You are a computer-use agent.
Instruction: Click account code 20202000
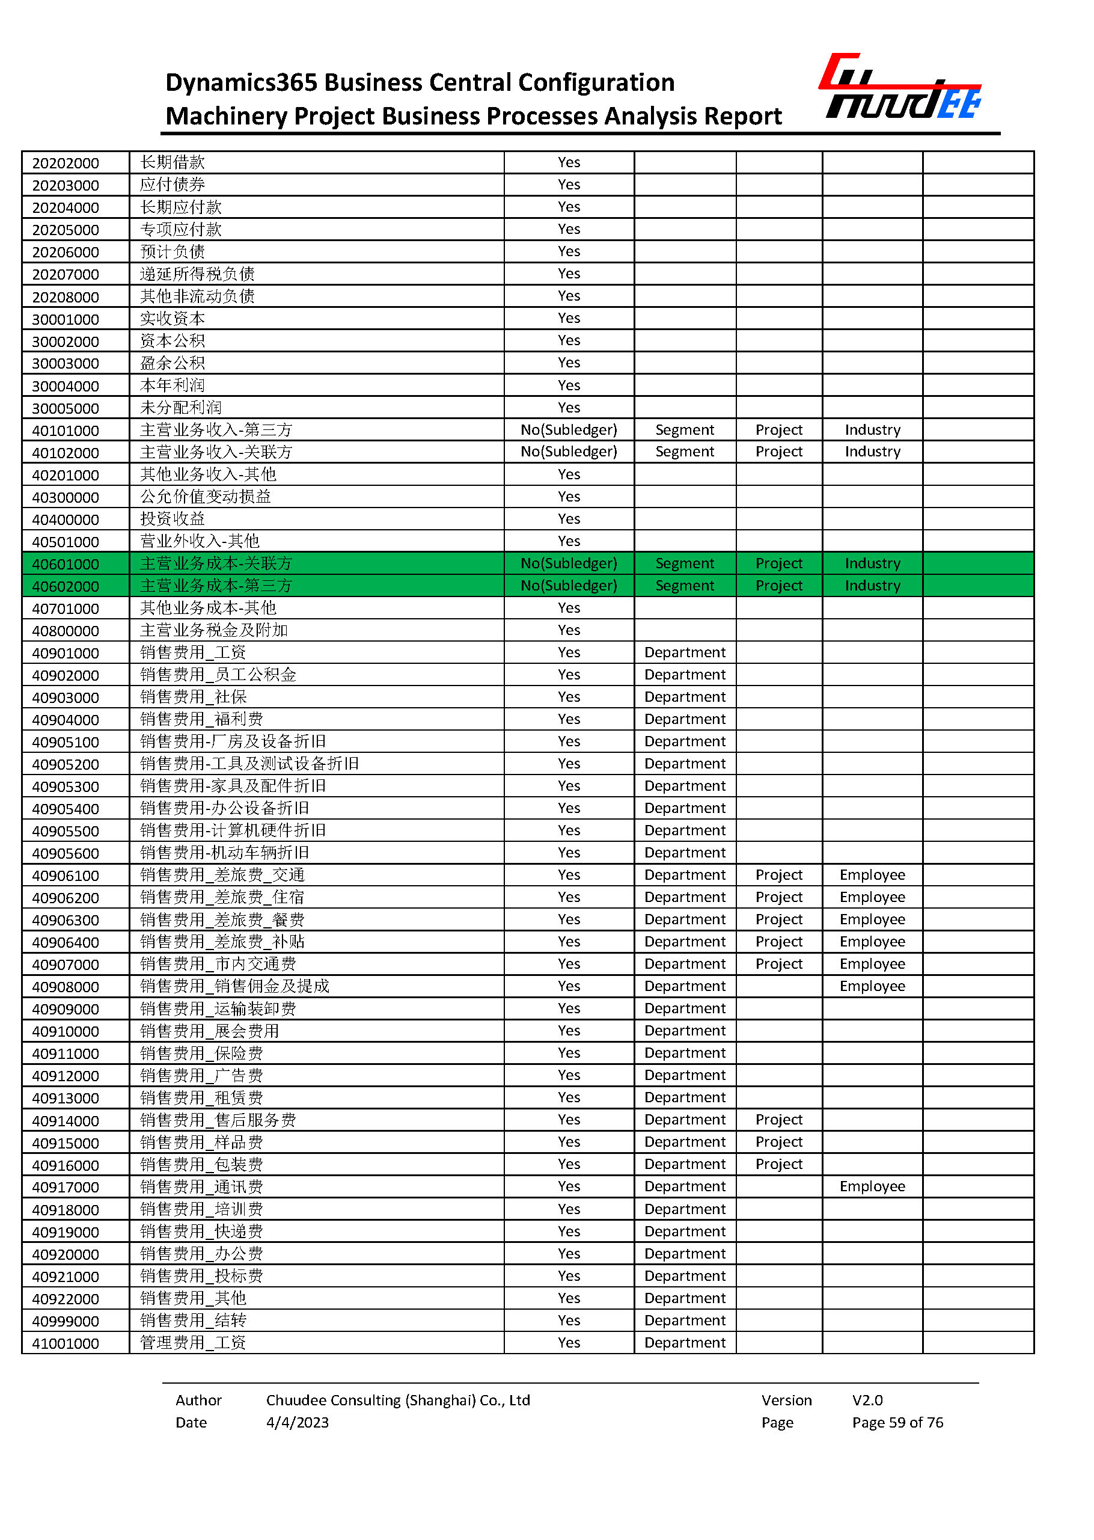click(x=66, y=163)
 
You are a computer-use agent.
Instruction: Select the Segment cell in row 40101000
click(x=685, y=430)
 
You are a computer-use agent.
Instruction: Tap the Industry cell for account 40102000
click(x=872, y=452)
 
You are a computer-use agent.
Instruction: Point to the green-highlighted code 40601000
click(x=66, y=564)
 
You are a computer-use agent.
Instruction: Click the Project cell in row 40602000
click(x=779, y=586)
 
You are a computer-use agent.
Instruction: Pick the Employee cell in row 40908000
click(x=872, y=986)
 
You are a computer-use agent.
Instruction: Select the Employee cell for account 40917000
click(x=872, y=1186)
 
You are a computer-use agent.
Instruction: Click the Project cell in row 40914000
click(x=779, y=1120)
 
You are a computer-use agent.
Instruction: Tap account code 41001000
click(x=66, y=1343)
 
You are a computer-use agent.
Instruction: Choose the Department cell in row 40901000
click(x=685, y=652)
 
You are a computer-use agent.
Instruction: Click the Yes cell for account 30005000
click(x=569, y=408)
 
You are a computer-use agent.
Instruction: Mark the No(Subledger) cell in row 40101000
click(x=569, y=430)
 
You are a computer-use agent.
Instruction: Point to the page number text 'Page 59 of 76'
click(x=897, y=1423)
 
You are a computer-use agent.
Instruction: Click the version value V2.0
click(x=867, y=1400)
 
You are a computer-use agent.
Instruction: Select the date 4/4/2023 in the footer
click(x=297, y=1423)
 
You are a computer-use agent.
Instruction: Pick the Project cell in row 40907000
click(x=779, y=964)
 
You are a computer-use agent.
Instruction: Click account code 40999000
click(x=66, y=1321)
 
